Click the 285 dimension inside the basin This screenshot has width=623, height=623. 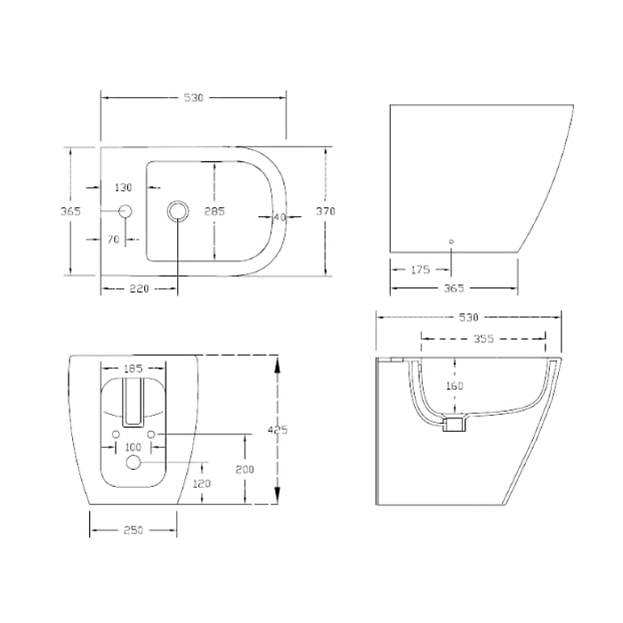pos(214,211)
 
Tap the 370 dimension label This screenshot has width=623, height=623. pos(326,212)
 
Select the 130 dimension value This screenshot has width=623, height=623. pos(123,187)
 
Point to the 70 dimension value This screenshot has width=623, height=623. pos(113,239)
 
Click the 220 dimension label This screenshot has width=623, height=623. pos(140,288)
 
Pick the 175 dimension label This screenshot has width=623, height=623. pos(420,270)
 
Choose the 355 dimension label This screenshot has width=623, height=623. pos(483,339)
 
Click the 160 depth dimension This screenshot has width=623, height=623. pos(455,385)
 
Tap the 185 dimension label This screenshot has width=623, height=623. pos(133,368)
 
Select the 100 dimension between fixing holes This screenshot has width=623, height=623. pos(133,447)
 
